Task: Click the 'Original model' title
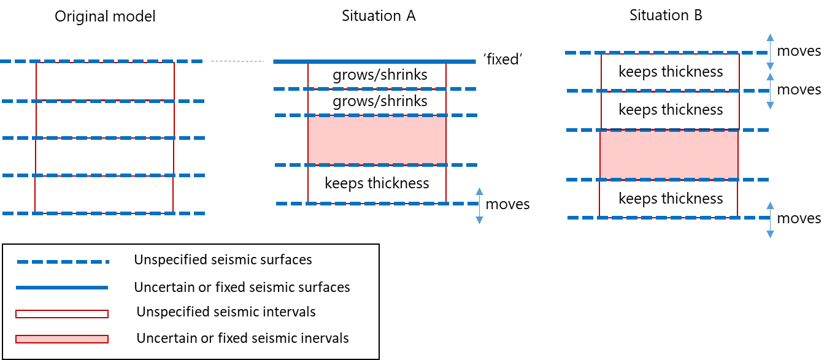click(x=105, y=16)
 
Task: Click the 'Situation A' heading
click(x=379, y=16)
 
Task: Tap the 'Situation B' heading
click(x=666, y=16)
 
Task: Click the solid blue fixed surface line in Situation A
click(x=374, y=61)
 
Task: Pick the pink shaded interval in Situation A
click(x=377, y=140)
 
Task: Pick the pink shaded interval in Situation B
click(x=668, y=155)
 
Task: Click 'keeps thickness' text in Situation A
click(x=377, y=183)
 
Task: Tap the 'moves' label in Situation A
click(x=507, y=204)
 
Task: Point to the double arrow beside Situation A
click(x=480, y=204)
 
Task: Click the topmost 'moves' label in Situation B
click(x=799, y=51)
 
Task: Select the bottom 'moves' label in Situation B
click(x=799, y=218)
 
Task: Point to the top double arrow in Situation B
click(x=771, y=52)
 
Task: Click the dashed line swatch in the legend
click(x=62, y=261)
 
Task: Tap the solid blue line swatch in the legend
click(x=62, y=287)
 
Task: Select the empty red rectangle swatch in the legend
click(x=62, y=314)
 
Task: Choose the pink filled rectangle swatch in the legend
click(x=62, y=339)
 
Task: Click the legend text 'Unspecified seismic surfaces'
click(x=223, y=260)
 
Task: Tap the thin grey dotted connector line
click(x=238, y=61)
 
